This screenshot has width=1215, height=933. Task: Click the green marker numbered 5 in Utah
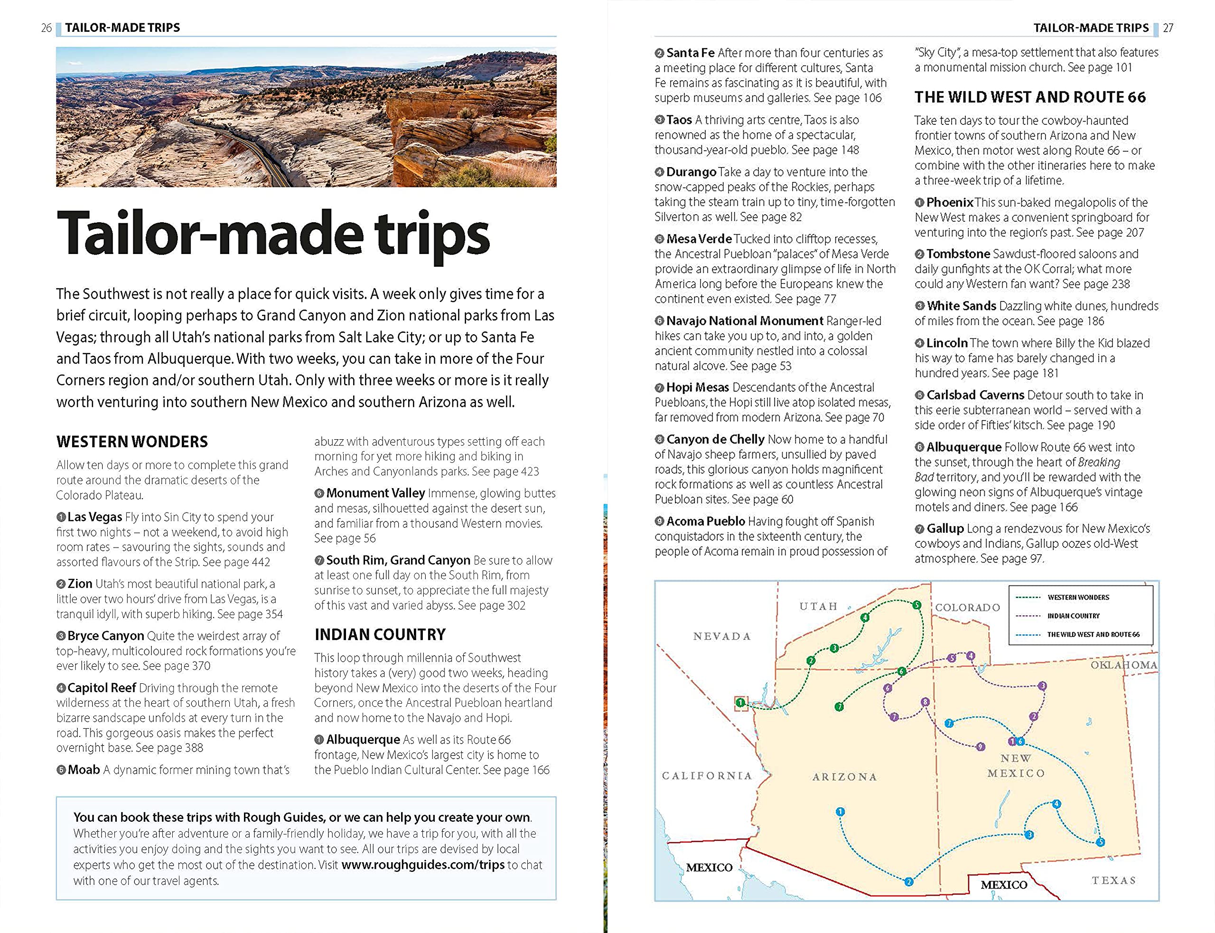tap(916, 605)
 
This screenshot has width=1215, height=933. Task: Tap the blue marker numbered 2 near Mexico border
tap(908, 881)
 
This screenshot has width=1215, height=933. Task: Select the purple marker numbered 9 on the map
tap(981, 746)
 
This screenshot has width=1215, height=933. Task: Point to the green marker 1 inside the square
tap(740, 703)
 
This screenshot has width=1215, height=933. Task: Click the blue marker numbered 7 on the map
tap(949, 723)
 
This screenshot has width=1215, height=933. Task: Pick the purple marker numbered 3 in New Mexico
tap(1042, 686)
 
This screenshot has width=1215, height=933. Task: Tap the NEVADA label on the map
tap(721, 636)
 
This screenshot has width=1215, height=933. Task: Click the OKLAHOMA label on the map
tap(1124, 665)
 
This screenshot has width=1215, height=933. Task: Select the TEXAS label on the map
tap(1113, 880)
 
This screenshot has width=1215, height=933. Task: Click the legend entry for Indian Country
tap(1074, 616)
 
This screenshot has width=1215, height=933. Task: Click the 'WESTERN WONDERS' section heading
tap(132, 442)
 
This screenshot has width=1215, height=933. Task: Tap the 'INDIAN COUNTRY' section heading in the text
tap(380, 634)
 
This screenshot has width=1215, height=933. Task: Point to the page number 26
tap(47, 28)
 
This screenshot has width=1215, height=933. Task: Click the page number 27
tap(1168, 28)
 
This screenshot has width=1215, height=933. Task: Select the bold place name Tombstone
tap(958, 254)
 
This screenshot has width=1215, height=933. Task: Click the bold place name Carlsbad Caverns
tap(975, 395)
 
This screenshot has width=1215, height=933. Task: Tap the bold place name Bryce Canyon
tap(105, 635)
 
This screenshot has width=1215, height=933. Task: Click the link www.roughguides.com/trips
tap(423, 865)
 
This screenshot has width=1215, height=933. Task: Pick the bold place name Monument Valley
tap(375, 493)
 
